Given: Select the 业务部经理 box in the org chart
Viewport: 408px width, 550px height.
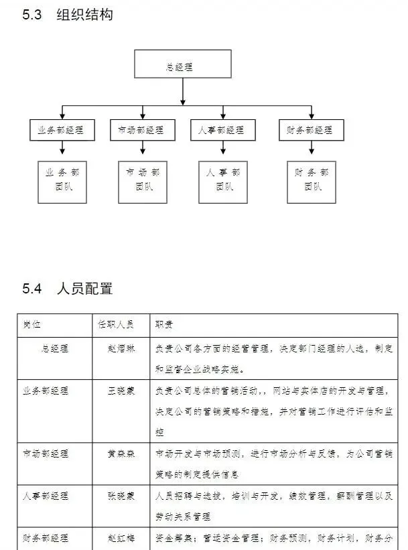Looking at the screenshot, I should tap(62, 130).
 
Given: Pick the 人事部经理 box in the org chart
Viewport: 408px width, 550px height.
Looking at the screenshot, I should tap(221, 130).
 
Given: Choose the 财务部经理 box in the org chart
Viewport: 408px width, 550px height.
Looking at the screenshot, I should tap(310, 130).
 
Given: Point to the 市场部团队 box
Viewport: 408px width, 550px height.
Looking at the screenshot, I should tap(143, 181).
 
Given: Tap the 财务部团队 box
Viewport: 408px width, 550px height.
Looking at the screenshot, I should tap(311, 181).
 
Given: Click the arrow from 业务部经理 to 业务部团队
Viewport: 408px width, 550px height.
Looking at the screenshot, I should tap(62, 149).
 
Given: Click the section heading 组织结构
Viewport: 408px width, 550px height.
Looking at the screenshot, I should tap(84, 15).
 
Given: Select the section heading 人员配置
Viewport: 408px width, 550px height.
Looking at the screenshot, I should tap(84, 289).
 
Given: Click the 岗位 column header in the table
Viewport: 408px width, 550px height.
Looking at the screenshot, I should tap(31, 325).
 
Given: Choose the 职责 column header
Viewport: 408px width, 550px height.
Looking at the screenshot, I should tap(164, 325).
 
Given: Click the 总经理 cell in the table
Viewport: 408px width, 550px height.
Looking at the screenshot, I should tap(55, 348).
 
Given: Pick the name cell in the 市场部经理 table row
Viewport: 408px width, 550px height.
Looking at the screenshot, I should tap(121, 454).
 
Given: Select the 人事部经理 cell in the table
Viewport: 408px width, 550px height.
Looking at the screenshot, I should tap(46, 496).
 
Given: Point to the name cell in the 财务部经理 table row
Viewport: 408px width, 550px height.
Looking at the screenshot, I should tap(121, 538).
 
